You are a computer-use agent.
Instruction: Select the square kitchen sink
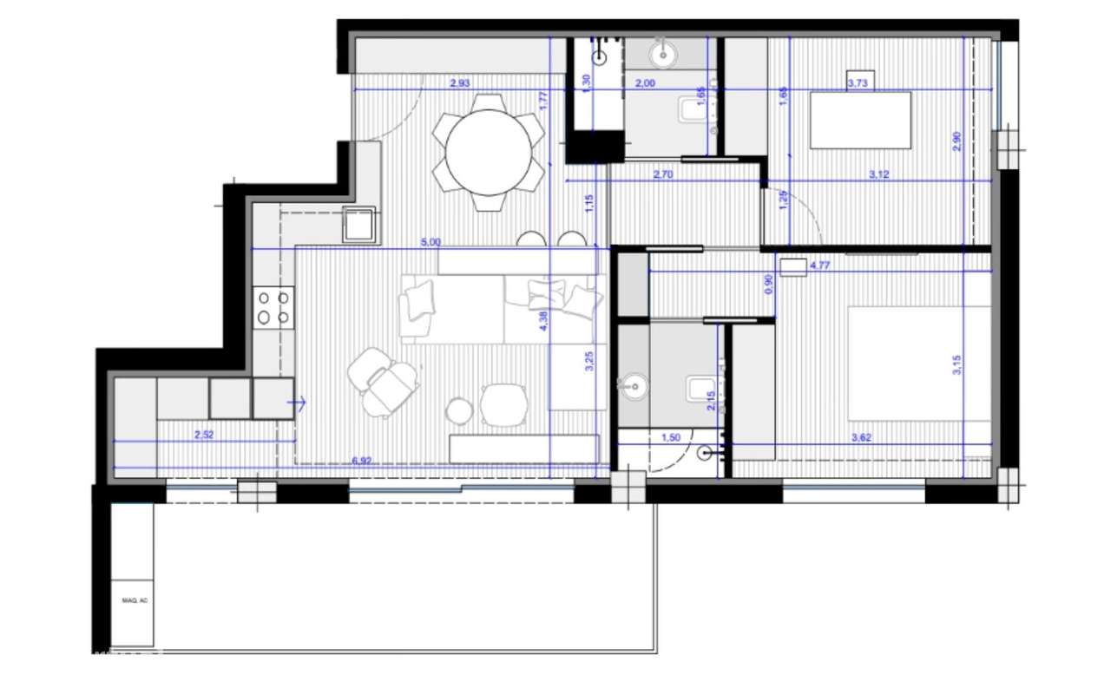tap(359, 225)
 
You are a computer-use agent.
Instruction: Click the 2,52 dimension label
tap(204, 436)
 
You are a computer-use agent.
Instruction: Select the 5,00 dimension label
tap(431, 243)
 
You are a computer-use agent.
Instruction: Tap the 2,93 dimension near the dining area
tap(459, 84)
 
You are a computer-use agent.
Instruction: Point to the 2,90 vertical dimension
tap(957, 141)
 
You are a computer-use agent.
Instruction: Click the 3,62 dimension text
tap(862, 438)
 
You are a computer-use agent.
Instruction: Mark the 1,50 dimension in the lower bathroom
tap(671, 438)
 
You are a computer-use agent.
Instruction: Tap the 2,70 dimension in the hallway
tap(664, 174)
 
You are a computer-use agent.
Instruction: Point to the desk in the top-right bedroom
tap(860, 120)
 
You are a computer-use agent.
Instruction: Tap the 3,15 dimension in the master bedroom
tap(957, 367)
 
